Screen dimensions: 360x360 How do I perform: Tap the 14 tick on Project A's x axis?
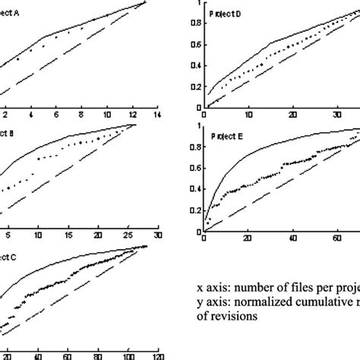(x=157, y=114)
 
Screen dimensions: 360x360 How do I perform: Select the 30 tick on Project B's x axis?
(x=157, y=235)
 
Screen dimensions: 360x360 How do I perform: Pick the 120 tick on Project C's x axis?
(x=157, y=355)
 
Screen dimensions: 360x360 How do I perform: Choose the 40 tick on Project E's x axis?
(x=292, y=241)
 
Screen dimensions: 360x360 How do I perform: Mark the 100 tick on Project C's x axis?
(x=128, y=355)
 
